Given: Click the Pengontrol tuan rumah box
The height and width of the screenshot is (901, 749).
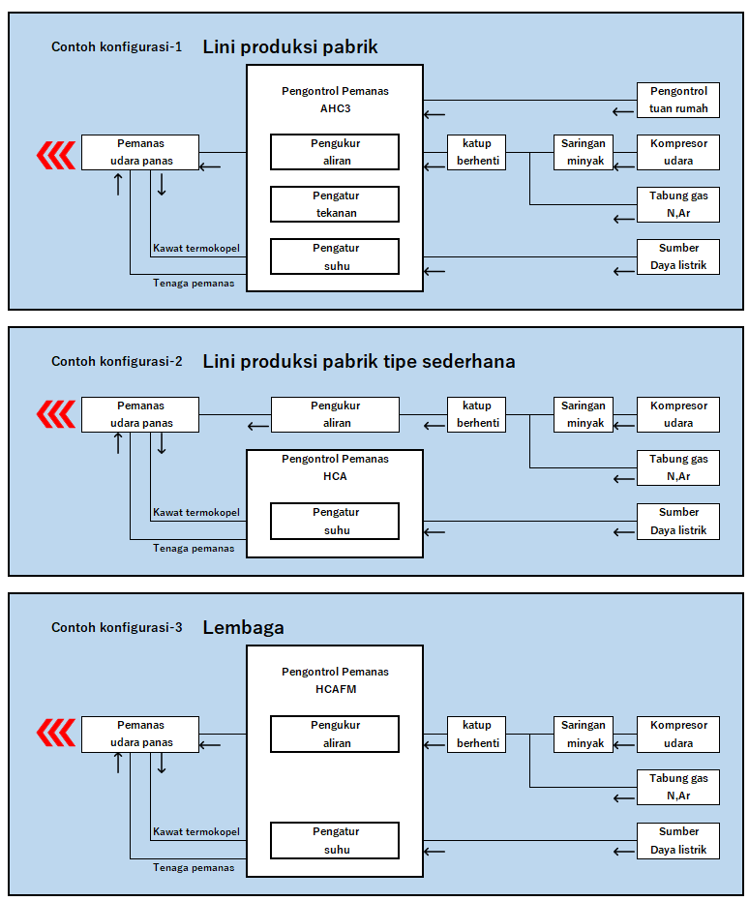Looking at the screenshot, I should click(x=677, y=100).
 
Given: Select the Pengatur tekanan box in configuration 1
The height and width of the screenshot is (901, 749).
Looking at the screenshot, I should click(x=335, y=204).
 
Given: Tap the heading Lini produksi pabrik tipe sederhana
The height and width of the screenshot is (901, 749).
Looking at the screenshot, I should click(x=359, y=362).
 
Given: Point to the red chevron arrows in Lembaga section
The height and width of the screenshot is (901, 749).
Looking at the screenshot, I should click(x=56, y=734).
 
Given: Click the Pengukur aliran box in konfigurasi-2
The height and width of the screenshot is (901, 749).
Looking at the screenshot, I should click(x=335, y=414).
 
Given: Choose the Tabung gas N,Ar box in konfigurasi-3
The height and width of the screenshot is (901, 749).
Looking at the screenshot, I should click(x=677, y=787).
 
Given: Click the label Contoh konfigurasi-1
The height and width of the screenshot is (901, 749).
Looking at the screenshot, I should click(x=116, y=46).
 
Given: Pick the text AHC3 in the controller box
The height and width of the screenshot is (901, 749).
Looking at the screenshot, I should click(x=335, y=108).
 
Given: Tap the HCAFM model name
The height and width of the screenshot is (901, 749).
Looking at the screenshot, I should click(x=335, y=689).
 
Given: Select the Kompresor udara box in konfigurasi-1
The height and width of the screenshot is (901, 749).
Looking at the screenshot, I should click(x=677, y=152).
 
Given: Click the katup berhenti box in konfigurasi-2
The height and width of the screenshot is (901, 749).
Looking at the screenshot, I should click(x=476, y=414).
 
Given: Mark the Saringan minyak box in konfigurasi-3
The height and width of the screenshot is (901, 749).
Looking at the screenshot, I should click(x=584, y=734).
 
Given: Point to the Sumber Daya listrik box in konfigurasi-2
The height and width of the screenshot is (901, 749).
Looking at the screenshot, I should click(x=677, y=521).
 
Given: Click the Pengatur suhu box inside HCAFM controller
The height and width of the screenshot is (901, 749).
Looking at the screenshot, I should click(x=335, y=840).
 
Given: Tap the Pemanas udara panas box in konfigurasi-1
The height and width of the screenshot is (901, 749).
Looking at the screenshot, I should click(x=140, y=152).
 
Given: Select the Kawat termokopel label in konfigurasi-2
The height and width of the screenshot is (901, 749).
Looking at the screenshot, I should click(x=196, y=512).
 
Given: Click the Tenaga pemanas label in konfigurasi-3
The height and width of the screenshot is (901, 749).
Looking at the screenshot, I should click(x=194, y=867).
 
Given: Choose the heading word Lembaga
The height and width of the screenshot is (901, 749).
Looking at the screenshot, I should click(x=243, y=628).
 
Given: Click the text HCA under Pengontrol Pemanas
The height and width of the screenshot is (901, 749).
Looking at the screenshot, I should click(x=335, y=476).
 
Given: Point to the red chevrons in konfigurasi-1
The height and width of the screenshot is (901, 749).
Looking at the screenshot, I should click(x=56, y=153).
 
